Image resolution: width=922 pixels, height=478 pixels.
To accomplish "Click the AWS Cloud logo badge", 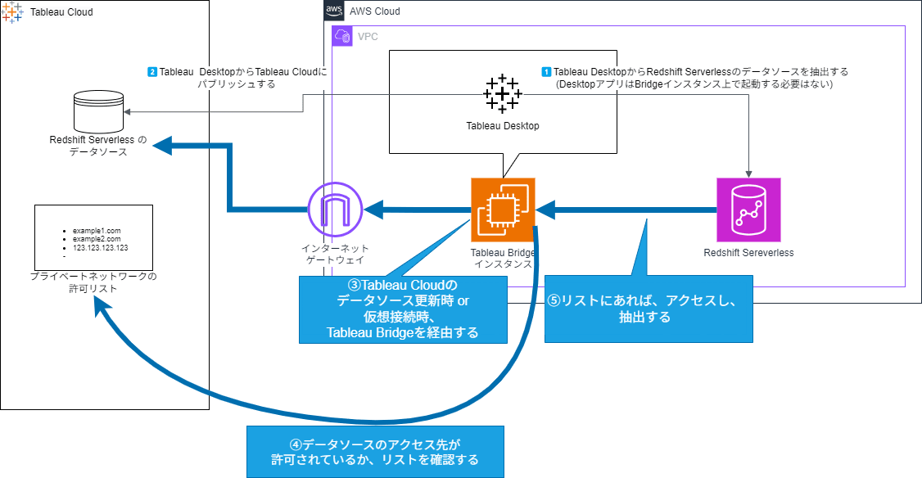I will (x=334, y=11).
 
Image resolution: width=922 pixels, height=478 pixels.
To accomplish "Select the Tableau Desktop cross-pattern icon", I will (x=502, y=93).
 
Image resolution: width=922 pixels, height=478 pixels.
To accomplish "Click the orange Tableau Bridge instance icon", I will (x=503, y=210).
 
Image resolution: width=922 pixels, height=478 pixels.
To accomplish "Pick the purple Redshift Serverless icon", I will (x=748, y=209).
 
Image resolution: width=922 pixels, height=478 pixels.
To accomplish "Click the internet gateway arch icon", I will (x=334, y=210).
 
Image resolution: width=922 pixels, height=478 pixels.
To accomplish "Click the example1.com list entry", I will (x=96, y=231).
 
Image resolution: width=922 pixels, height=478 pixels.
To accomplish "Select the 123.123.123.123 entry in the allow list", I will (x=100, y=247).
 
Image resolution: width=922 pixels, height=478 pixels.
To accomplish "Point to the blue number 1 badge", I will (x=547, y=72).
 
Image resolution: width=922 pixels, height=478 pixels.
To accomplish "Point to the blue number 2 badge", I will (x=152, y=72).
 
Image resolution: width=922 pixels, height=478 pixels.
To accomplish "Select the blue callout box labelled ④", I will (x=375, y=452).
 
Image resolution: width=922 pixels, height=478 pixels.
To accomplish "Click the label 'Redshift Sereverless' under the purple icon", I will (x=748, y=252).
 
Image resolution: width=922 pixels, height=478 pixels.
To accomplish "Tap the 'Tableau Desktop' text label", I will (x=503, y=126).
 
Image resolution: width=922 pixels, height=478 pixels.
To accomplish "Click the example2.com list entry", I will (x=96, y=239).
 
